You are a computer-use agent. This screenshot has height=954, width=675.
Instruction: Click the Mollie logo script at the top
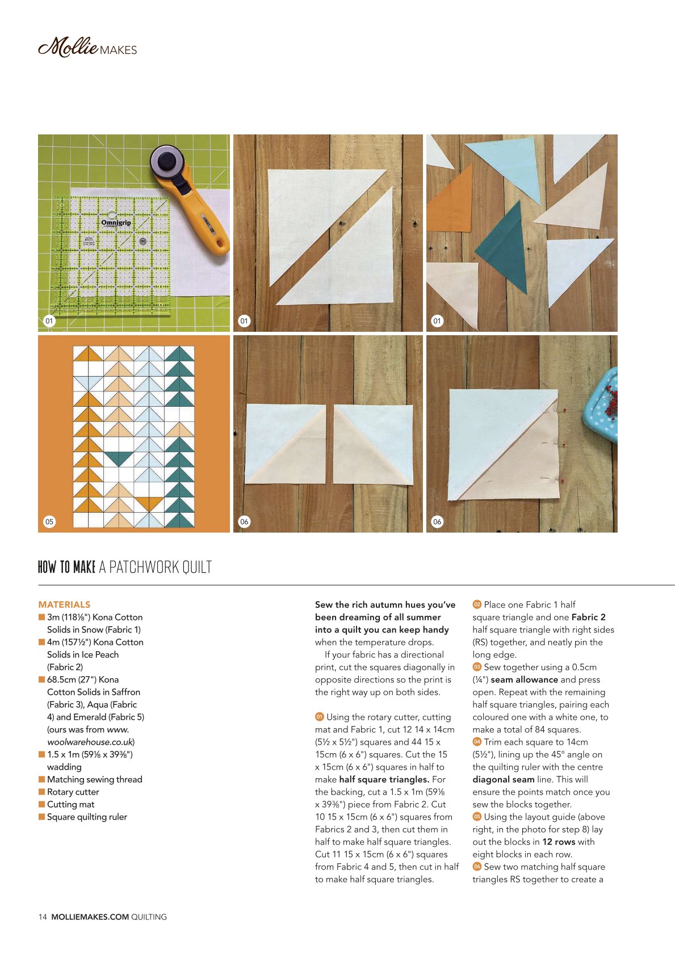(68, 47)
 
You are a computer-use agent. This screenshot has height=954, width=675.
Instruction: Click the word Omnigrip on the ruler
(116, 222)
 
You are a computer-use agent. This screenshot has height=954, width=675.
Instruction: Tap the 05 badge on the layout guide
(49, 521)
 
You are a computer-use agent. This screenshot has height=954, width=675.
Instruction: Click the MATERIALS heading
(64, 605)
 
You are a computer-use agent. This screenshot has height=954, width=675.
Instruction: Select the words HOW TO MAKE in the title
(66, 567)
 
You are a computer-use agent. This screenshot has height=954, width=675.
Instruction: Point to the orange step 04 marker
(477, 741)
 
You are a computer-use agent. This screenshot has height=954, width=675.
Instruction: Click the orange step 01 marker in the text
(320, 717)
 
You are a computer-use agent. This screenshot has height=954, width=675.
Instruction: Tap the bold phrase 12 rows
(559, 842)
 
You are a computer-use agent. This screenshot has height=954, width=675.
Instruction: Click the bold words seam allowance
(524, 679)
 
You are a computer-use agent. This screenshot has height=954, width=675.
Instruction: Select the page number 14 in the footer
(43, 917)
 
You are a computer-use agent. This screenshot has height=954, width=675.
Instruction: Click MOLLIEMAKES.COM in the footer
(90, 917)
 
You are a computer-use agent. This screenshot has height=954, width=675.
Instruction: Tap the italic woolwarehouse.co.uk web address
(91, 741)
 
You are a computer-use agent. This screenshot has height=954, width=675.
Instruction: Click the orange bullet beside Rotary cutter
(42, 792)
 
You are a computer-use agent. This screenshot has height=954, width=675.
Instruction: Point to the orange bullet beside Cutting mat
(42, 804)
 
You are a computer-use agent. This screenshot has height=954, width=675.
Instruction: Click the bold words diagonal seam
(503, 779)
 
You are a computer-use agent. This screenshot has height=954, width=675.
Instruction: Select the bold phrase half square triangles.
(384, 779)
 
